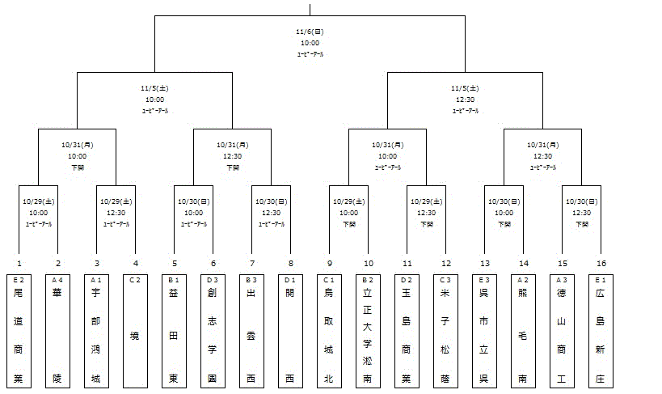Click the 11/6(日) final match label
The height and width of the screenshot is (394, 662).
[310, 43]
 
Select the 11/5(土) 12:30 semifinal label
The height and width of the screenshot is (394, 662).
[466, 99]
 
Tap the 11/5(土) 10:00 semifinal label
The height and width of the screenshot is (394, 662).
[155, 99]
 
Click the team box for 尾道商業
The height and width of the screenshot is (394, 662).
[19, 331]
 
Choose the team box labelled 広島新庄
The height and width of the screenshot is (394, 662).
[601, 331]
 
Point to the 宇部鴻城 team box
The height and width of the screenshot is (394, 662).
[97, 331]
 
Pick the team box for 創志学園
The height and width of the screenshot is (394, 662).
[213, 331]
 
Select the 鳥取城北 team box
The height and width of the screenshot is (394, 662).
[329, 331]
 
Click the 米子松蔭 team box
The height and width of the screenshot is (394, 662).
[445, 331]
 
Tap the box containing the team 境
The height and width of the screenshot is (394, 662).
[136, 331]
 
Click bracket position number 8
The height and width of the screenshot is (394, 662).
[290, 263]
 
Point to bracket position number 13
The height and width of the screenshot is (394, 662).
[484, 263]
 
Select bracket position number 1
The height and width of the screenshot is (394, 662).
[19, 263]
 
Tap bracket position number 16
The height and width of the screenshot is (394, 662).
[601, 263]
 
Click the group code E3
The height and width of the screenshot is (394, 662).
[484, 280]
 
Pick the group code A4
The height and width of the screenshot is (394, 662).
[57, 280]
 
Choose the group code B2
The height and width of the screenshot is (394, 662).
[368, 280]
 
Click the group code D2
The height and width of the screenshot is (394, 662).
[407, 280]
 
